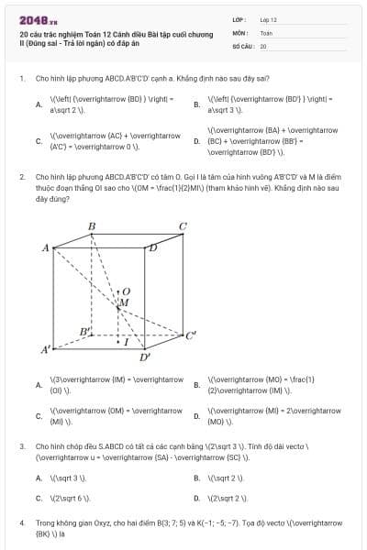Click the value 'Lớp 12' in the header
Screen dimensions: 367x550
tap(268, 19)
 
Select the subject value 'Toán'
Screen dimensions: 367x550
tap(266, 32)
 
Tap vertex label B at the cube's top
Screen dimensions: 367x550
tap(92, 226)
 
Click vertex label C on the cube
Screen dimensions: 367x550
tap(183, 226)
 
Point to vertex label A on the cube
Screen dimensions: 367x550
tap(46, 247)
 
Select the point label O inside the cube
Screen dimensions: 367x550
tap(128, 291)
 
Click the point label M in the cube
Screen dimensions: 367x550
tap(125, 302)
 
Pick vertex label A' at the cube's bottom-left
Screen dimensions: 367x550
tap(45, 350)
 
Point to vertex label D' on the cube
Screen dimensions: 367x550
tap(144, 357)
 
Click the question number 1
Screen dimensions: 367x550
tap(21, 79)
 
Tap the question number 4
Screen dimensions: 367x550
tap(21, 522)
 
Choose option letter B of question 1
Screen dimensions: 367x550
tap(196, 105)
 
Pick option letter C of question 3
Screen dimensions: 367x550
tap(39, 498)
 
